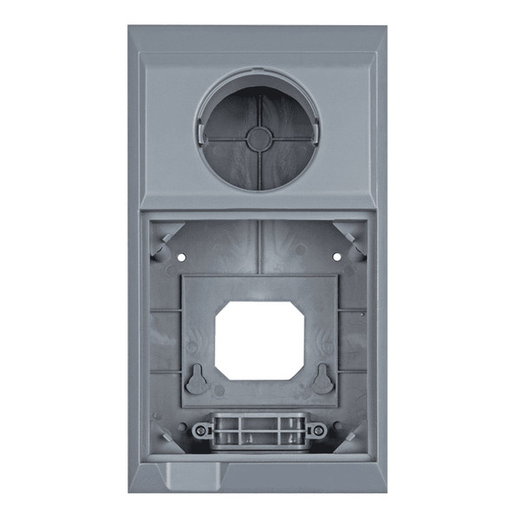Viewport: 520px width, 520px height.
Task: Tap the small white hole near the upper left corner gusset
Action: (182, 257)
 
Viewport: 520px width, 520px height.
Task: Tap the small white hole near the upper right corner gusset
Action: (335, 257)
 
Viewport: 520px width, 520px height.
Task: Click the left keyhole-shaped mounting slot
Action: (197, 379)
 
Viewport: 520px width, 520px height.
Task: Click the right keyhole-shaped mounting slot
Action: (322, 379)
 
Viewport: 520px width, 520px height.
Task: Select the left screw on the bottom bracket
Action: (201, 430)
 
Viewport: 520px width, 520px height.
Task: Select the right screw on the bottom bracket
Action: (318, 430)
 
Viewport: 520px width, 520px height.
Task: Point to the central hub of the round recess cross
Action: (257, 139)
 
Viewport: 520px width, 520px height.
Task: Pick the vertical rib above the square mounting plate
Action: (258, 247)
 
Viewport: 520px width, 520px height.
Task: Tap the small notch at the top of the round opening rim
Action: (257, 76)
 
